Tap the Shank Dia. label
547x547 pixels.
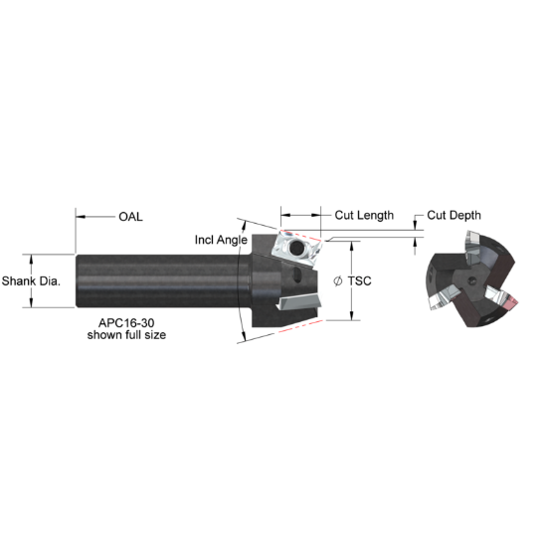coord(32,280)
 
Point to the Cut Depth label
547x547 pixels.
coord(456,215)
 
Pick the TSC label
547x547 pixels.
coord(361,281)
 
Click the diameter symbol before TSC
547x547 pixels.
coord(339,281)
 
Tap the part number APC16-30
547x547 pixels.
coord(126,323)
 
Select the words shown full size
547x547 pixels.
coord(126,335)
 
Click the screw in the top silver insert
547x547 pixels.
coord(295,246)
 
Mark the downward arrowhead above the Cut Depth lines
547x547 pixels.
coord(416,227)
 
